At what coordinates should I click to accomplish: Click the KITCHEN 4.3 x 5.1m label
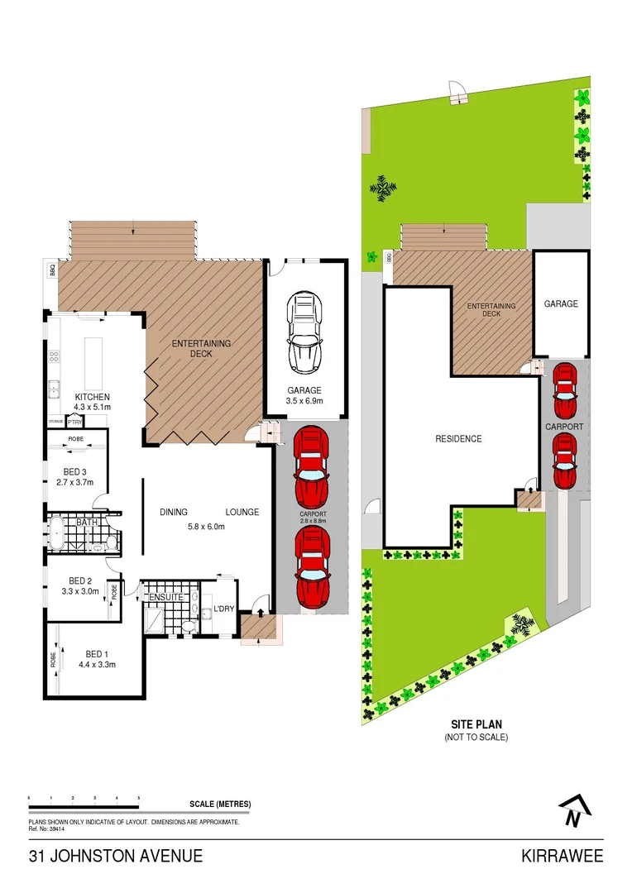(x=92, y=402)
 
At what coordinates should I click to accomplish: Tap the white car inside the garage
(x=304, y=333)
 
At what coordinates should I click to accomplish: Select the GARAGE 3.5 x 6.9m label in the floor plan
(x=304, y=396)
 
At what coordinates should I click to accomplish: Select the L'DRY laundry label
(x=224, y=609)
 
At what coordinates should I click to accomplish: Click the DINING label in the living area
(x=174, y=512)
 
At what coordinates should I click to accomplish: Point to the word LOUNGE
(x=242, y=512)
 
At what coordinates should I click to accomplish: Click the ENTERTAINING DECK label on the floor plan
(x=201, y=348)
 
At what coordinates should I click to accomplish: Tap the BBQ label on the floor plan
(x=52, y=270)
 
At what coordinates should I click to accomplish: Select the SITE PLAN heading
(x=475, y=722)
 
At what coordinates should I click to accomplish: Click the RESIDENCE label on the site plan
(x=458, y=438)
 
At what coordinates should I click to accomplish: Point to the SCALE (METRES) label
(x=220, y=804)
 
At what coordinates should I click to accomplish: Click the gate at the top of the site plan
(x=457, y=95)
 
